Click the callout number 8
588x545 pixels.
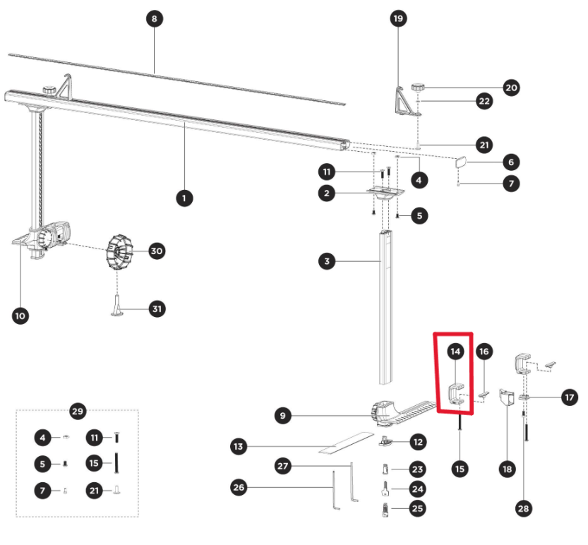click(x=154, y=18)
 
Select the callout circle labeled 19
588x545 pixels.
click(x=399, y=18)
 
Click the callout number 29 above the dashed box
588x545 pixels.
click(x=78, y=410)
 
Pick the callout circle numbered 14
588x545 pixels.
click(x=455, y=351)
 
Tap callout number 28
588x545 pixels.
click(x=524, y=508)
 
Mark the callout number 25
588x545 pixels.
click(x=418, y=508)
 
